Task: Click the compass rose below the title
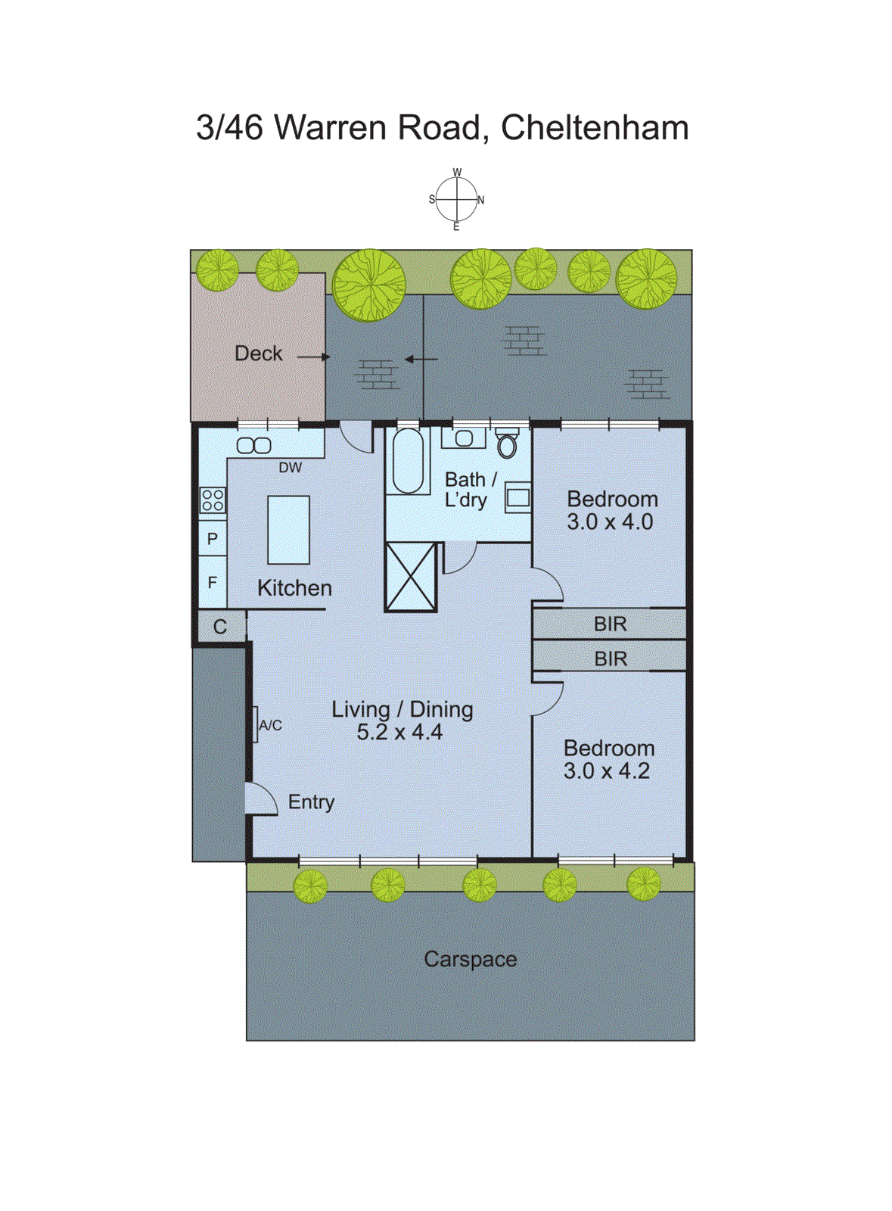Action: pos(456,200)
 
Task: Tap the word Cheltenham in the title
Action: pos(595,127)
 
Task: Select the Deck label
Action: pos(258,353)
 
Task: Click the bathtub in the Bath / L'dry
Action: pos(408,461)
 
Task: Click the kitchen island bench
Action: pos(288,530)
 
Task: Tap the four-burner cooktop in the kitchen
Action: pos(213,500)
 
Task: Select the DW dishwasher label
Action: pos(290,468)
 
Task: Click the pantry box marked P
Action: pos(213,539)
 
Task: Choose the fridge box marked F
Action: pos(213,582)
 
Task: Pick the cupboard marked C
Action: pos(220,627)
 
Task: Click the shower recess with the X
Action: pos(411,577)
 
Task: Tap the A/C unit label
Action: pos(270,725)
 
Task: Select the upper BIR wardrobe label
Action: pos(610,624)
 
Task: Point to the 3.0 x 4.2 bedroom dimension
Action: pos(606,771)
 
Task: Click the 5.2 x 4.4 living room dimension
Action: pos(399,732)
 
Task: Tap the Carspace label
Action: pos(470,959)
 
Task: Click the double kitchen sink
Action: pos(254,446)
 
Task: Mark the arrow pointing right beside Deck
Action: pos(314,356)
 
